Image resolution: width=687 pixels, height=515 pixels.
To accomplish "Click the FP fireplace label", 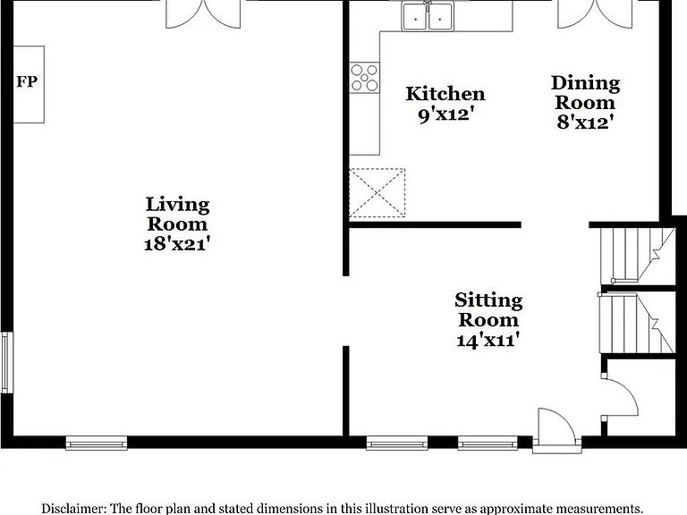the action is [x=27, y=81].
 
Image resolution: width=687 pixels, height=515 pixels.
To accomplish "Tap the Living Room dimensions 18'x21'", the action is [x=177, y=243].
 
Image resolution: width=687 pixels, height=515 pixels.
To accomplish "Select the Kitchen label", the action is [x=445, y=94].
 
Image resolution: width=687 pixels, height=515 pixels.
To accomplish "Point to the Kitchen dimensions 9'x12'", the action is [x=446, y=115].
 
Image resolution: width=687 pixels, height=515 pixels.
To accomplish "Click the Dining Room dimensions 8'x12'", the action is [x=584, y=122].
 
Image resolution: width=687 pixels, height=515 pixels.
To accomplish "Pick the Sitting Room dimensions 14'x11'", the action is [x=488, y=340].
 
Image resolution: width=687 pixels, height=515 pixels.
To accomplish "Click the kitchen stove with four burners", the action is [x=364, y=78].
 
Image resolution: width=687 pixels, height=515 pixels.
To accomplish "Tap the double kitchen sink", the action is [x=428, y=17].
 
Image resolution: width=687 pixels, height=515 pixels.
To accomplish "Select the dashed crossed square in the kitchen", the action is [x=377, y=193].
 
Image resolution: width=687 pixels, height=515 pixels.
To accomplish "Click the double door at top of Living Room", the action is [x=203, y=15].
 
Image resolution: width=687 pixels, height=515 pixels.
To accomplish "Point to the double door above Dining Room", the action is [x=595, y=15].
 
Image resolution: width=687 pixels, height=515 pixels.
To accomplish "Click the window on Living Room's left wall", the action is [x=6, y=363].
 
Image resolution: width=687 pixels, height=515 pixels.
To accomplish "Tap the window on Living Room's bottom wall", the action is [x=97, y=443].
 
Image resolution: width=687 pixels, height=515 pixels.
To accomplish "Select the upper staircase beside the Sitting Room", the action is [x=638, y=256].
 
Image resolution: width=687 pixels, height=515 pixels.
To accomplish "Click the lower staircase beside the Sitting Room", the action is [x=637, y=323].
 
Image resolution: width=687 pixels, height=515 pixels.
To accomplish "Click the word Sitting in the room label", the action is [x=488, y=300].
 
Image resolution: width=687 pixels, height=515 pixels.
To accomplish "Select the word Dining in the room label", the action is [x=585, y=83].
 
